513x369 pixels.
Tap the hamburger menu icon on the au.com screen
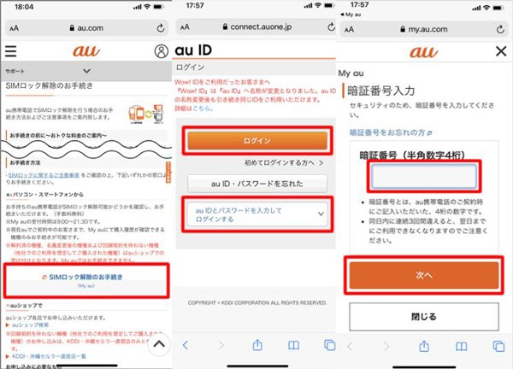(x=10, y=50)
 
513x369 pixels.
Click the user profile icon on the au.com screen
(x=157, y=50)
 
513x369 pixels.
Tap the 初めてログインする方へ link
(x=286, y=161)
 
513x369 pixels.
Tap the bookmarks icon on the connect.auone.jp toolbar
(x=294, y=344)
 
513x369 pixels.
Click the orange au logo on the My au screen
(x=423, y=51)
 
